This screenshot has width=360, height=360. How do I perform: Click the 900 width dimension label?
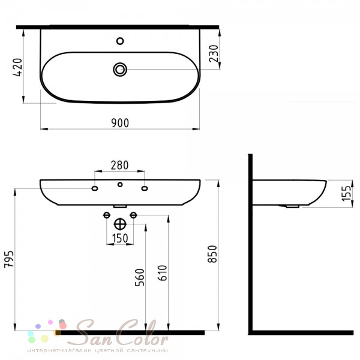120,123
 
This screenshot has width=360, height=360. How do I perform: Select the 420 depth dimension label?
17,67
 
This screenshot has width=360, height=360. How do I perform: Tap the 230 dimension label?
214,54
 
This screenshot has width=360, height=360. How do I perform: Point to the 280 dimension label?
119,165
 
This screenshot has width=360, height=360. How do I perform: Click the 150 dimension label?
120,238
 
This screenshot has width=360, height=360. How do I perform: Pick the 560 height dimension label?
140,277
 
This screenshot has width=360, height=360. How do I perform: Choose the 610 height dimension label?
163,273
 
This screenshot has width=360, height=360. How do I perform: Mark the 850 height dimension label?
212,254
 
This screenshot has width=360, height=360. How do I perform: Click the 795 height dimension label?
9,259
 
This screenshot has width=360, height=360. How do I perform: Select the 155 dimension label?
347,194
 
